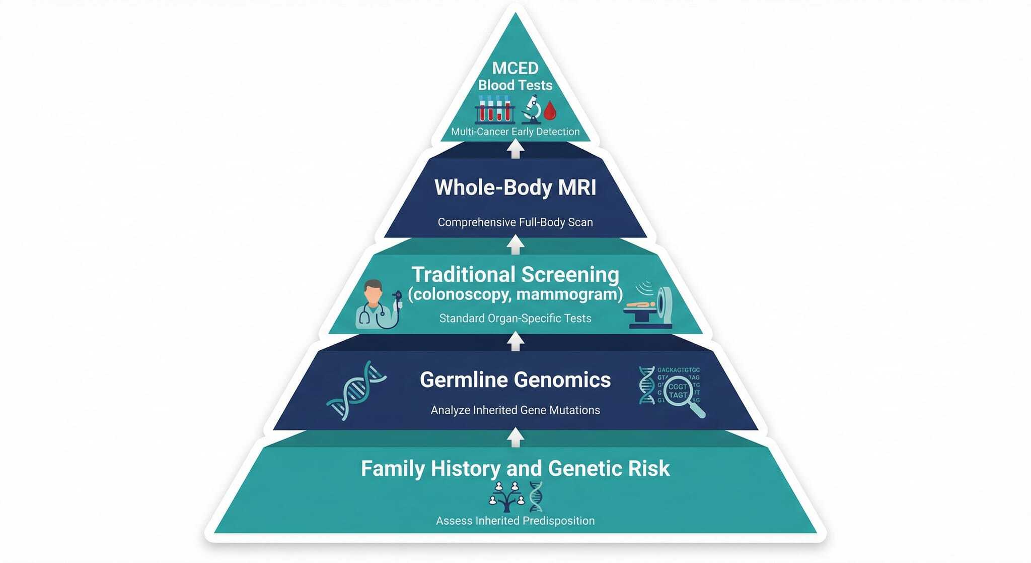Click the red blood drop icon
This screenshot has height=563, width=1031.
coord(550,111)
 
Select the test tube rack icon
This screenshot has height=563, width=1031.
coord(495,109)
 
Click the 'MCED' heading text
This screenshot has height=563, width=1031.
coord(515,68)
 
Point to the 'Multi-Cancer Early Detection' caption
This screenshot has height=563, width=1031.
coord(515,132)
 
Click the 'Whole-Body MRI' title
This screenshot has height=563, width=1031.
coord(515,187)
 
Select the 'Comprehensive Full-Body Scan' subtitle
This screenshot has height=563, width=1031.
coord(515,222)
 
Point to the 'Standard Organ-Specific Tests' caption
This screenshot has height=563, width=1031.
coord(515,319)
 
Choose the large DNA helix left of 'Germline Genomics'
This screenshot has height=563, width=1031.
coord(356,390)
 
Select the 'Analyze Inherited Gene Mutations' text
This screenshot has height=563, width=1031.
coord(515,410)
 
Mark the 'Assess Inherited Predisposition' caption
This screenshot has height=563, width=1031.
coord(515,521)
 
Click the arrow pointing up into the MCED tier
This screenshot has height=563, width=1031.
coord(515,149)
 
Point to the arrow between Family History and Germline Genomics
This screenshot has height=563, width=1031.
coord(515,437)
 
